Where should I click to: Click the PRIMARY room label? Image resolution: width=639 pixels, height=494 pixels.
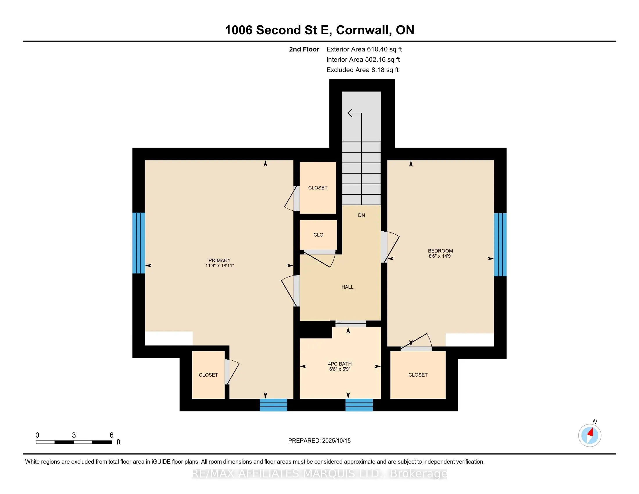pyautogui.click(x=219, y=260)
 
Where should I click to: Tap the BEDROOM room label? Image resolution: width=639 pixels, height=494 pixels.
pyautogui.click(x=440, y=251)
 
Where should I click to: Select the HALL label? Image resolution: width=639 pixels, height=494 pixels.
pyautogui.click(x=347, y=287)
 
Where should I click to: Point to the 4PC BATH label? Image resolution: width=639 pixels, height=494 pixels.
pyautogui.click(x=340, y=364)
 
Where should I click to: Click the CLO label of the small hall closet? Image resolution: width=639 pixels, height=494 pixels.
pyautogui.click(x=318, y=235)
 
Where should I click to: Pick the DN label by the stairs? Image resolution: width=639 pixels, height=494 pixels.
pyautogui.click(x=361, y=215)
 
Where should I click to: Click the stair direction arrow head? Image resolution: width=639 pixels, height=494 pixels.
pyautogui.click(x=351, y=113)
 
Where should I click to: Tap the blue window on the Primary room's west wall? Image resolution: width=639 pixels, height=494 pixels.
pyautogui.click(x=139, y=243)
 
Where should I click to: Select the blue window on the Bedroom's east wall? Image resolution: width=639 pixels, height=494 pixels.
pyautogui.click(x=500, y=245)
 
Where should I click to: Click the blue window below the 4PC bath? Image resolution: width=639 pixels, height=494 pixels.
pyautogui.click(x=359, y=405)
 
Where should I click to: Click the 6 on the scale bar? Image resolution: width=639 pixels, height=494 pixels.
pyautogui.click(x=112, y=435)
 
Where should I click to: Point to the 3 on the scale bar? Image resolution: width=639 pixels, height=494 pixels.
pyautogui.click(x=74, y=435)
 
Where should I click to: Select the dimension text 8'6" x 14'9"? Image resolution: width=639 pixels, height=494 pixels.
pyautogui.click(x=440, y=256)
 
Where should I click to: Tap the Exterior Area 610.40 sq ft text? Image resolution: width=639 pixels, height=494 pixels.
pyautogui.click(x=364, y=49)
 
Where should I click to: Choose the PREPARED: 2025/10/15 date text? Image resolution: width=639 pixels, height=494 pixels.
pyautogui.click(x=319, y=441)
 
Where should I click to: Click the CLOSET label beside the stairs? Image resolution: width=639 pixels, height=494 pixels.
pyautogui.click(x=318, y=188)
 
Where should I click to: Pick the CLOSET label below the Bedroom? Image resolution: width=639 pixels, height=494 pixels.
pyautogui.click(x=418, y=375)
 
